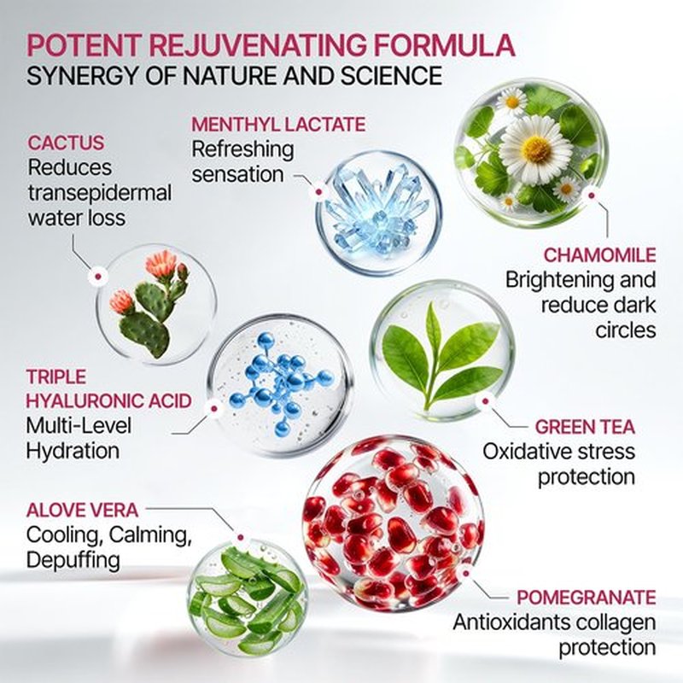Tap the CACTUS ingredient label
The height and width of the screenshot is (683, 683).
[67, 143]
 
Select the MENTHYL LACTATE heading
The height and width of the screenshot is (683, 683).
[278, 125]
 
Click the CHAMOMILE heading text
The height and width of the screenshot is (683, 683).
[600, 255]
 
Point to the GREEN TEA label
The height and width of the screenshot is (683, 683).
[585, 427]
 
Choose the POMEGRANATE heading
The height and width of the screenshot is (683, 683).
[587, 598]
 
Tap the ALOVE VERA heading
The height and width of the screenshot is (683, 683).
[82, 510]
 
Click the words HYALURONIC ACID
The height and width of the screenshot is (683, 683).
[108, 401]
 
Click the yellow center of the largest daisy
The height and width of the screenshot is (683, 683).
[536, 148]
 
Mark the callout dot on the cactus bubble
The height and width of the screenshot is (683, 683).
[98, 277]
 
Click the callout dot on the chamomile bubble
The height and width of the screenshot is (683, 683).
[591, 196]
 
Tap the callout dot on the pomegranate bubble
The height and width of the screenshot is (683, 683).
[465, 573]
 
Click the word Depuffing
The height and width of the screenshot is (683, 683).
[73, 561]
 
